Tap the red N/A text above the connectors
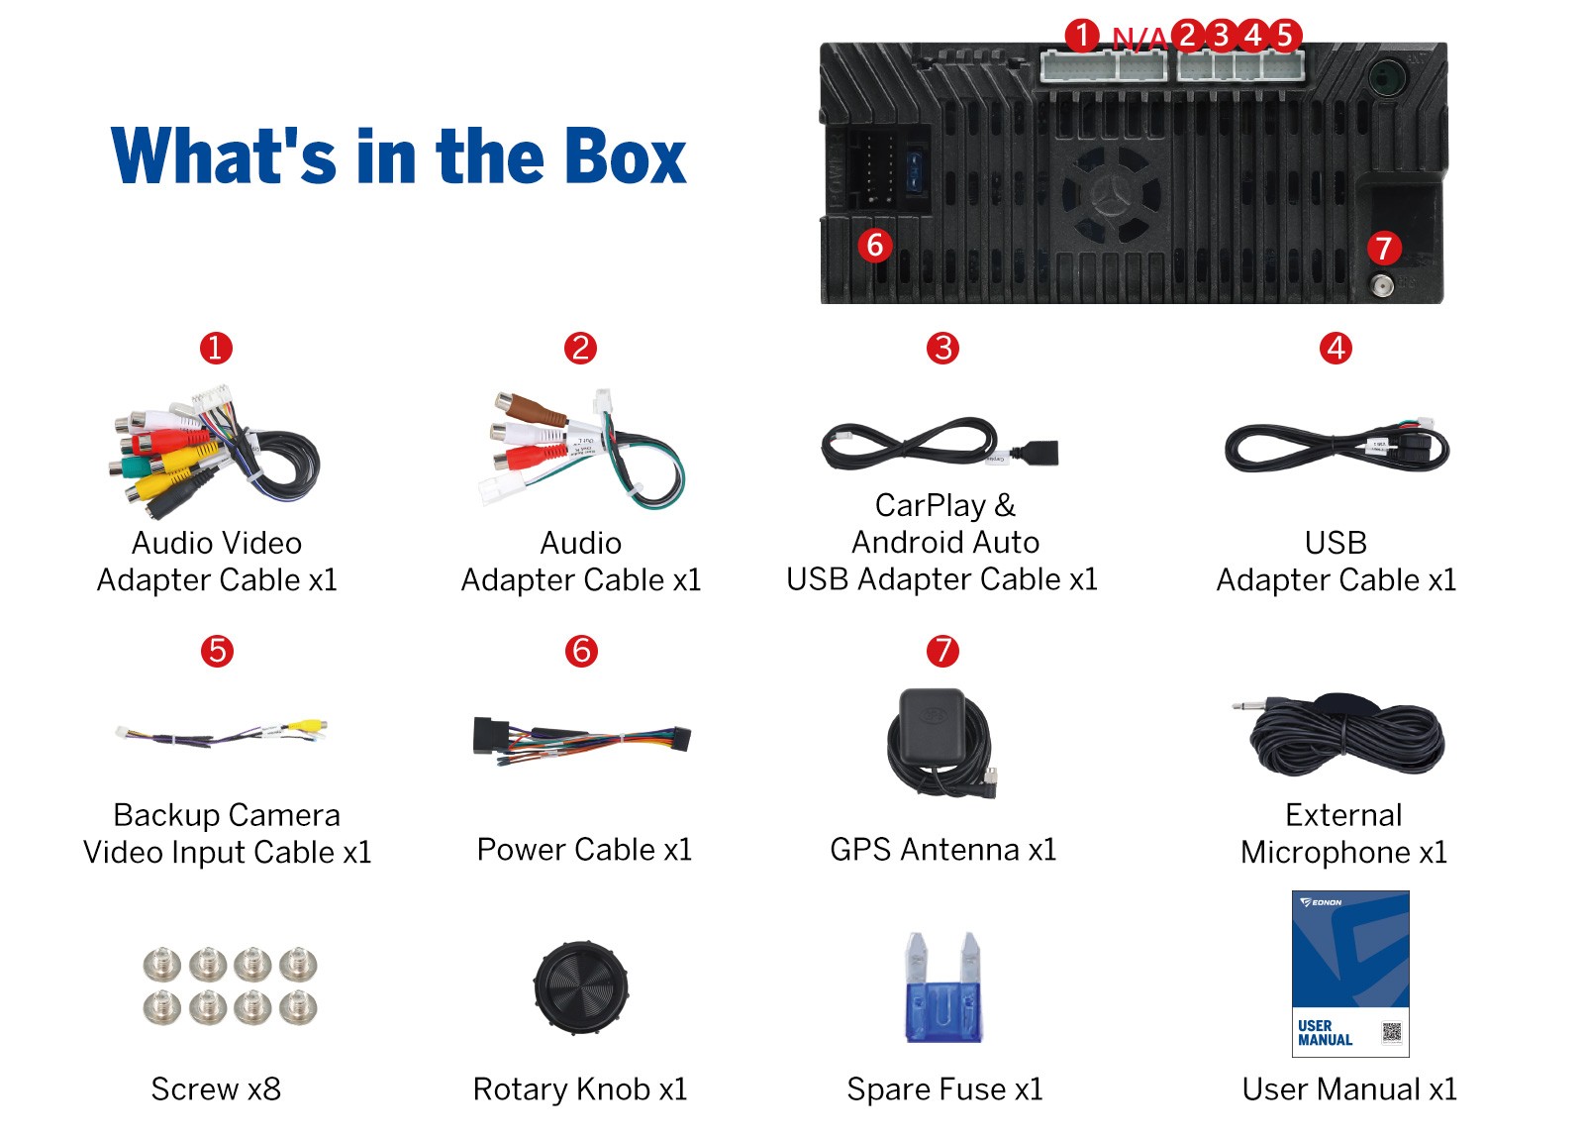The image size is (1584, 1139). (1139, 39)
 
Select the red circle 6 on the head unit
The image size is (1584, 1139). (875, 246)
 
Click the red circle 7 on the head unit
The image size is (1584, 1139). (1383, 248)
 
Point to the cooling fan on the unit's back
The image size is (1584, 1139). (1111, 194)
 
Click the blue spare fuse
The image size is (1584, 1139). (943, 987)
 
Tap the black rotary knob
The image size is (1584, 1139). (580, 986)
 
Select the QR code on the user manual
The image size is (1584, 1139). (1391, 1032)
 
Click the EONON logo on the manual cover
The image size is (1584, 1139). (1321, 902)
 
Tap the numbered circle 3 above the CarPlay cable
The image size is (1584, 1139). (942, 348)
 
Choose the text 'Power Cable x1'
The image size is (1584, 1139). (584, 850)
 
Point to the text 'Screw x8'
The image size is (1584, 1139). (216, 1088)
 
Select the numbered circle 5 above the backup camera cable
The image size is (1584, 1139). (217, 651)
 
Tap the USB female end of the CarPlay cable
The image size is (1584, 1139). (1036, 453)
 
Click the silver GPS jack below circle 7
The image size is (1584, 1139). (1382, 286)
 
